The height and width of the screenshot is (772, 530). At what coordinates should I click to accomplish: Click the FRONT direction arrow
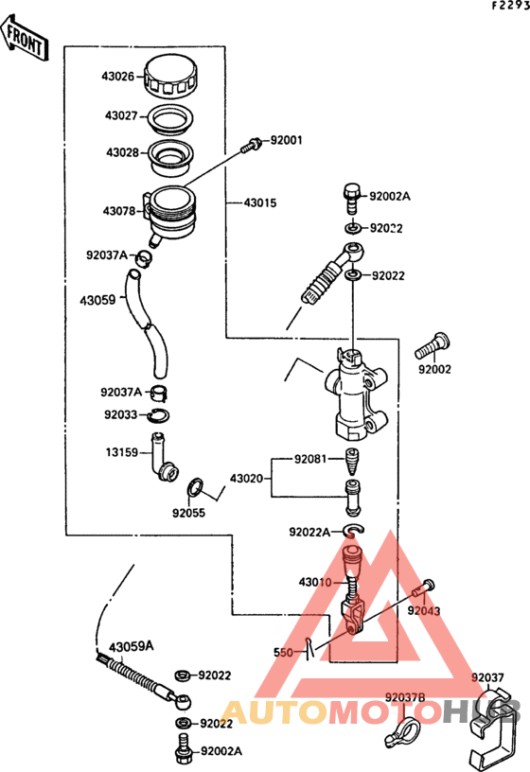click(x=25, y=39)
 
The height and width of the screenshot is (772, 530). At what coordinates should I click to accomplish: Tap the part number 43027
click(x=121, y=115)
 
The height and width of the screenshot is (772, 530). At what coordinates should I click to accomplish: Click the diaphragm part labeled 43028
click(x=169, y=157)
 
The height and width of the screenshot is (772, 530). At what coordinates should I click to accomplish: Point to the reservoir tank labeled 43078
click(x=170, y=215)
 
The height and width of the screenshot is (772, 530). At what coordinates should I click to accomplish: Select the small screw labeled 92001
click(x=251, y=146)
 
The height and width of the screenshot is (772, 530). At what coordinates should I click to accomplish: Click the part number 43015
click(x=260, y=202)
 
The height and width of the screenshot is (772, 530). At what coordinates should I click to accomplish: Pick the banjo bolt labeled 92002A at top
click(x=351, y=199)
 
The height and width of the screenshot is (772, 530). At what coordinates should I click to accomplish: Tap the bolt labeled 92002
click(x=433, y=346)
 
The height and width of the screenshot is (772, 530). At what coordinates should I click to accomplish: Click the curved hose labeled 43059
click(x=147, y=324)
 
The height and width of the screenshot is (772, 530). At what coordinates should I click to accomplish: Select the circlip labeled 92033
click(x=159, y=416)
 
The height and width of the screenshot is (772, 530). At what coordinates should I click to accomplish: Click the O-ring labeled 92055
click(x=195, y=488)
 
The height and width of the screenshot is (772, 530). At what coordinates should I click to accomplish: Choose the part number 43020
click(x=246, y=479)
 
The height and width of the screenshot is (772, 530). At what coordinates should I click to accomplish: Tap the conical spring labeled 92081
click(x=352, y=462)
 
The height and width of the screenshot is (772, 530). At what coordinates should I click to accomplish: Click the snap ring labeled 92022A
click(x=354, y=531)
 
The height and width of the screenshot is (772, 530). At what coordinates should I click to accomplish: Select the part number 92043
click(x=424, y=611)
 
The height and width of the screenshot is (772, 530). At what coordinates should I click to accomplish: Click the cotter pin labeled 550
click(x=309, y=648)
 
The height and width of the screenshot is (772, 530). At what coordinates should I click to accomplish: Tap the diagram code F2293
click(x=511, y=6)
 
